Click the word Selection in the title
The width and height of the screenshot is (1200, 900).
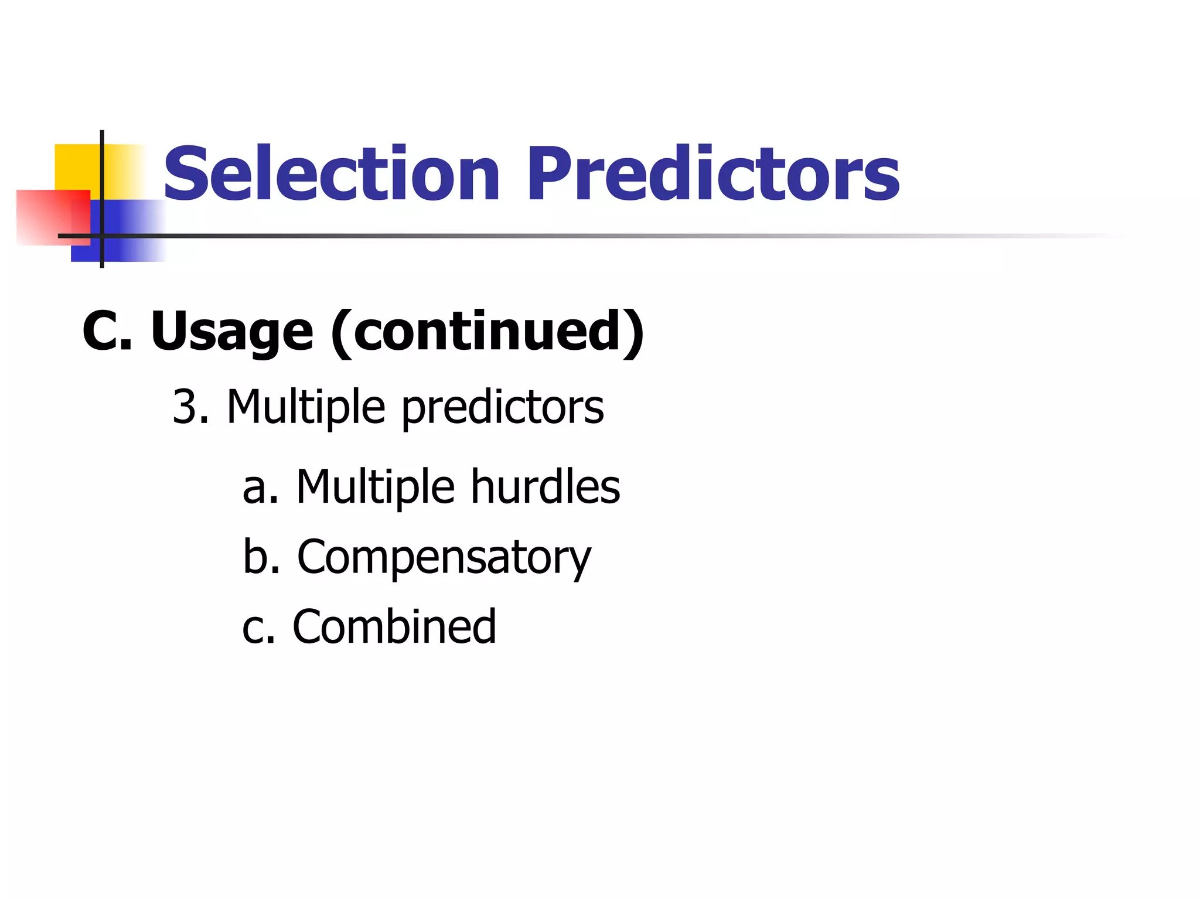332,174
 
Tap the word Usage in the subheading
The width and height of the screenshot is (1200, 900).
232,332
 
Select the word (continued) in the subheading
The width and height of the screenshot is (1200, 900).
487,332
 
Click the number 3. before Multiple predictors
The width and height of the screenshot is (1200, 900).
190,407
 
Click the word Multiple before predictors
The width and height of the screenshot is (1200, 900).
306,407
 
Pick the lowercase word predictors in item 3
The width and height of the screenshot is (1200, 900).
502,408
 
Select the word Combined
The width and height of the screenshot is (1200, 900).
394,626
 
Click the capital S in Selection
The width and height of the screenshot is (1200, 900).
187,174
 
